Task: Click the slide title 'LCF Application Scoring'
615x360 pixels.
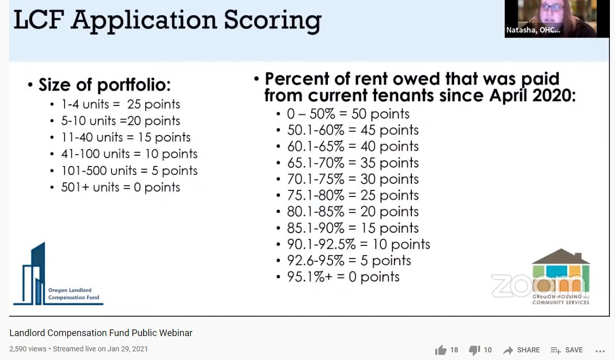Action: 167,21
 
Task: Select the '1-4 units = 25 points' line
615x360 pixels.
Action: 121,104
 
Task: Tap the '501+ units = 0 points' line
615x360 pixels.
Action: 121,187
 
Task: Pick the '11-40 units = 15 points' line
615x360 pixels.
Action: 126,137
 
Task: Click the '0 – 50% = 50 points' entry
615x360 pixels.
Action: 348,114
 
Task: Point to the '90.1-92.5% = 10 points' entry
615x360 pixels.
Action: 358,244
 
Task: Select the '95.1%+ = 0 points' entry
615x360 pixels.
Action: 343,276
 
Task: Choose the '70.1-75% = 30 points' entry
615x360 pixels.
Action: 353,179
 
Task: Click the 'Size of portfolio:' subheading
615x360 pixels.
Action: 104,85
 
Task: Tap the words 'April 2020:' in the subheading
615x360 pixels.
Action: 533,95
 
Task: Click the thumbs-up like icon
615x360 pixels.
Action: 441,350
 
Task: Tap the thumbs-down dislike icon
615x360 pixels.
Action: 474,350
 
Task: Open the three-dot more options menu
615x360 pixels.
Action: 600,351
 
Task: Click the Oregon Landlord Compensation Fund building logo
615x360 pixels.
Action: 58,274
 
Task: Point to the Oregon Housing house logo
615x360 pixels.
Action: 561,276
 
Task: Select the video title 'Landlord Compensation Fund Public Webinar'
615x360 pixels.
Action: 101,333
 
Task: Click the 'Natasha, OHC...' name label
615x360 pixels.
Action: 533,30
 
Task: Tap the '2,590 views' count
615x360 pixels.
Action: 27,349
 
